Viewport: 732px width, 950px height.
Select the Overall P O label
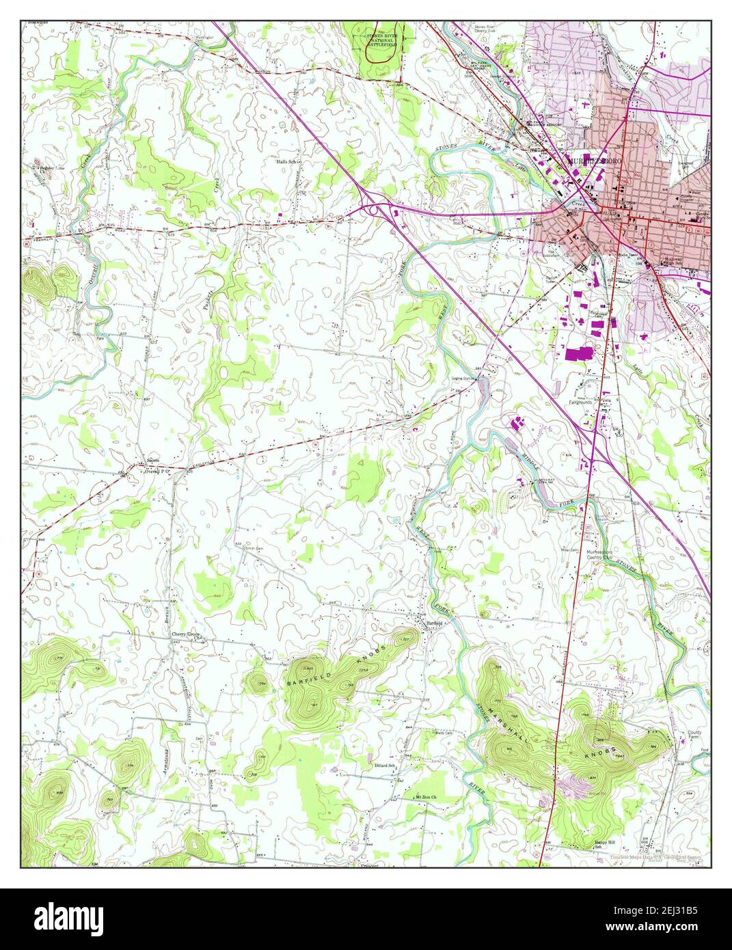155,471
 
